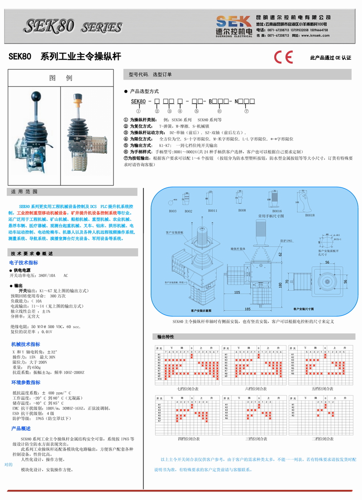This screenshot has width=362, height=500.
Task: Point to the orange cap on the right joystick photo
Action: click(77, 97)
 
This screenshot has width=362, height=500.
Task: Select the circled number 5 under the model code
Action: click(196, 111)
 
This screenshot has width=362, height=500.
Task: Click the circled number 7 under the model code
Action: click(247, 111)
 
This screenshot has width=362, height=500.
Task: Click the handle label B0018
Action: click(310, 215)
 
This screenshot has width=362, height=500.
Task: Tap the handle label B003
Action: click(173, 211)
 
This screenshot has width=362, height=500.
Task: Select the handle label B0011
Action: click(212, 211)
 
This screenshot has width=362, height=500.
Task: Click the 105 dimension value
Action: click(238, 293)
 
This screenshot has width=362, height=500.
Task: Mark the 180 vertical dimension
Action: click(281, 285)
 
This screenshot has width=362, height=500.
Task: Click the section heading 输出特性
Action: click(166, 337)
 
